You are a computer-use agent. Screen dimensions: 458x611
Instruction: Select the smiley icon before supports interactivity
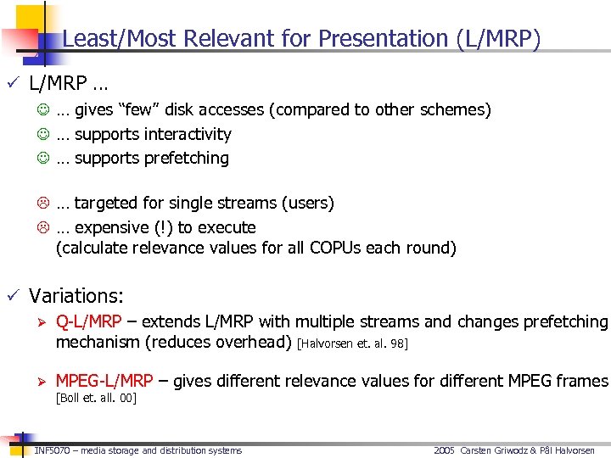point(42,134)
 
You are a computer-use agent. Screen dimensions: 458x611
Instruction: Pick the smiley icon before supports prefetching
point(42,159)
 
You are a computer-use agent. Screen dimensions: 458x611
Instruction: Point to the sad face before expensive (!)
point(42,228)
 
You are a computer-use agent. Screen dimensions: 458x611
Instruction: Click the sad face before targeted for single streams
point(42,204)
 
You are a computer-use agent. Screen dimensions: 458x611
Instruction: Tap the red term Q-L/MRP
point(88,321)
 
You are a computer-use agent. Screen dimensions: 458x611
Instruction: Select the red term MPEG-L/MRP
point(104,381)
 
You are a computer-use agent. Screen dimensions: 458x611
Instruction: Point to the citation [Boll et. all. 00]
point(96,398)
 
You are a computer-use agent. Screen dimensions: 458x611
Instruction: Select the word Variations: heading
point(76,296)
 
